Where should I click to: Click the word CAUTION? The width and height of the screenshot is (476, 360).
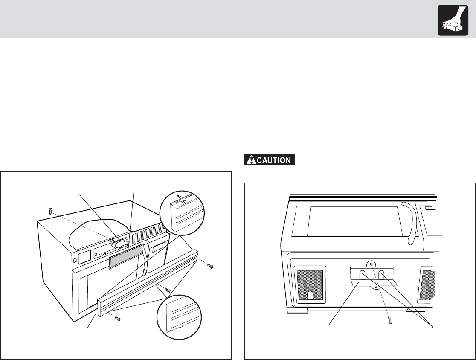pos(273,160)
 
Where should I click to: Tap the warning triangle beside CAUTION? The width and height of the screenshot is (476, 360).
pos(250,160)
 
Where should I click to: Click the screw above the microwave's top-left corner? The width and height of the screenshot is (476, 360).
pos(51,210)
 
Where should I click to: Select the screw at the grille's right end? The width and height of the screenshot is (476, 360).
pos(209,266)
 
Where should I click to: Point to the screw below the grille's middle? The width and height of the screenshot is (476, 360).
pos(168,290)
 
